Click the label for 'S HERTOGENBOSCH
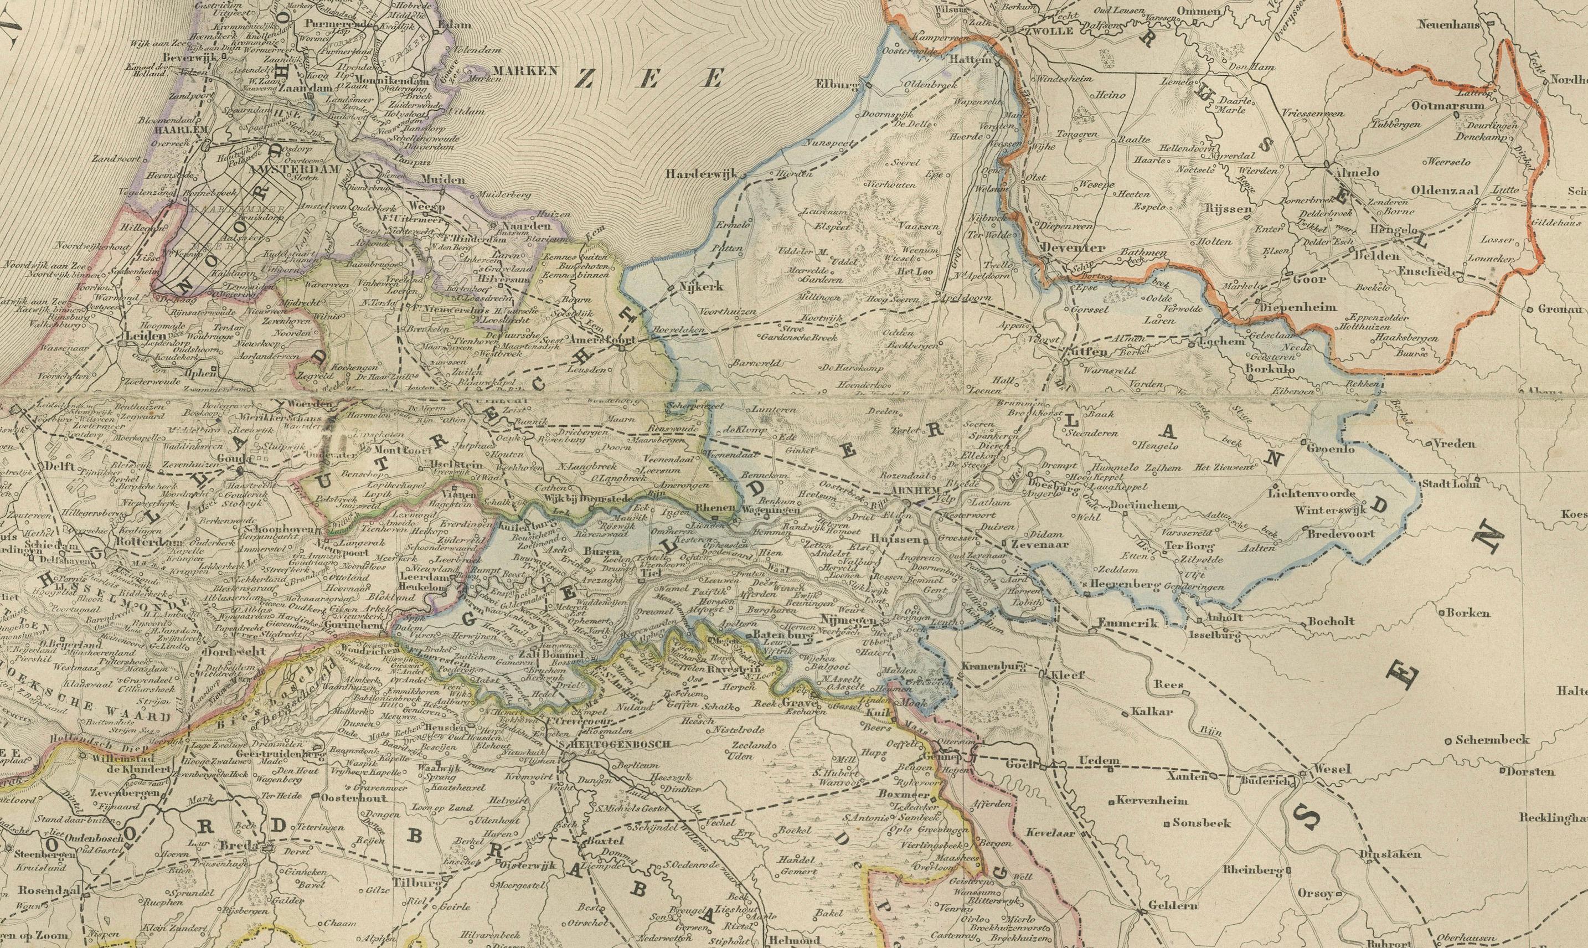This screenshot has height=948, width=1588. pos(613,744)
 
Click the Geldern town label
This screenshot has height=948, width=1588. pos(1172,905)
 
